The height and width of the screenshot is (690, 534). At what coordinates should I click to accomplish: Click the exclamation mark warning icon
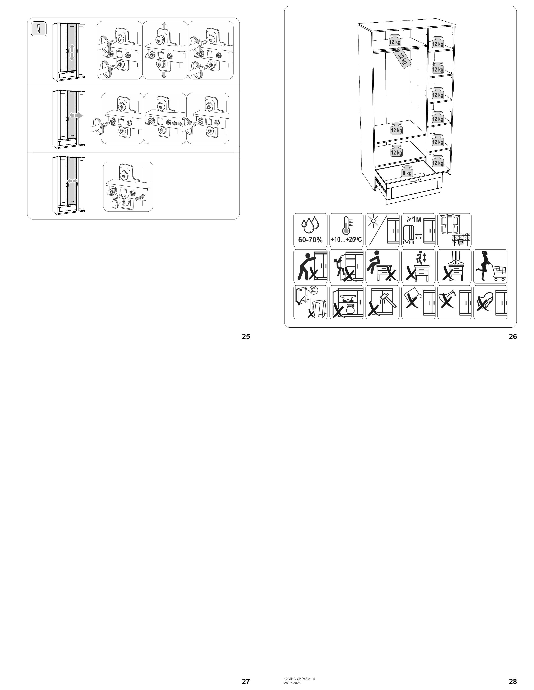[39, 29]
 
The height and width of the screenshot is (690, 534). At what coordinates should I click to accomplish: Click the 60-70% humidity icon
[310, 230]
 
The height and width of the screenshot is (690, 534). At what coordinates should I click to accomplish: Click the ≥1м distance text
[414, 220]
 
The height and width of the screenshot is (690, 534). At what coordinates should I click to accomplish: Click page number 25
[246, 337]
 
